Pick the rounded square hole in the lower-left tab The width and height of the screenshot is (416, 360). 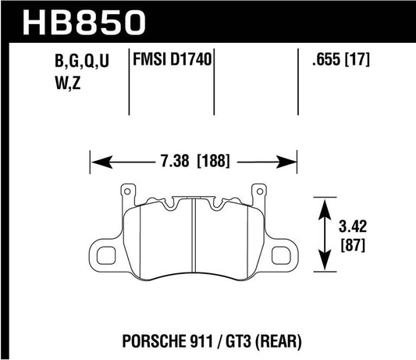click(104, 251)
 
